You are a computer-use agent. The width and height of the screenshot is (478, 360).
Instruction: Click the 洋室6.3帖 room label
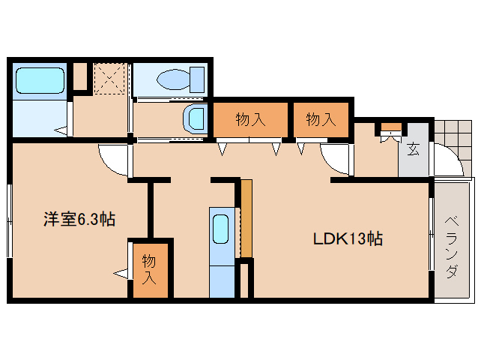click(x=79, y=219)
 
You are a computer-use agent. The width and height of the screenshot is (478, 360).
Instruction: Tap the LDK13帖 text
click(x=348, y=239)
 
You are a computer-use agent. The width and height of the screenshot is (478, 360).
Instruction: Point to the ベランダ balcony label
click(x=452, y=247)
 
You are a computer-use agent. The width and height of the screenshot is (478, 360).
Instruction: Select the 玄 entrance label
click(x=413, y=149)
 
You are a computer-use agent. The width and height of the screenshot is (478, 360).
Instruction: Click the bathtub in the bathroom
click(x=40, y=80)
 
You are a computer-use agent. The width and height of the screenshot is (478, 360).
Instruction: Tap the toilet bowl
click(x=181, y=80)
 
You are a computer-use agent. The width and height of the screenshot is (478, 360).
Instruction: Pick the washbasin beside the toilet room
click(x=196, y=119)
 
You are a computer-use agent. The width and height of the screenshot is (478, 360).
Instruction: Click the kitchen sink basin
click(x=220, y=229)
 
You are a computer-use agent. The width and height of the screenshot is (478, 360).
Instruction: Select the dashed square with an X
click(x=109, y=79)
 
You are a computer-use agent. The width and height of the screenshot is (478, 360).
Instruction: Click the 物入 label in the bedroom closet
click(x=149, y=270)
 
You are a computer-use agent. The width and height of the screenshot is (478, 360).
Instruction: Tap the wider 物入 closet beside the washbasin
click(x=250, y=119)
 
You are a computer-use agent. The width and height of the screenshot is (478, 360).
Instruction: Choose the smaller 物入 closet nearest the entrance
click(x=321, y=119)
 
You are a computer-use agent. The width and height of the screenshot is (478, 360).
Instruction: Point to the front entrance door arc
click(x=455, y=154)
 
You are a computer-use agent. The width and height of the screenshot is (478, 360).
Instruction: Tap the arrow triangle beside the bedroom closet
click(x=121, y=273)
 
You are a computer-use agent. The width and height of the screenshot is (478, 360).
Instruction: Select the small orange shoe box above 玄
click(x=392, y=127)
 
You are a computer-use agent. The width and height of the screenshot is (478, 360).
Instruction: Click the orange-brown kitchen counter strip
click(x=246, y=218)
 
